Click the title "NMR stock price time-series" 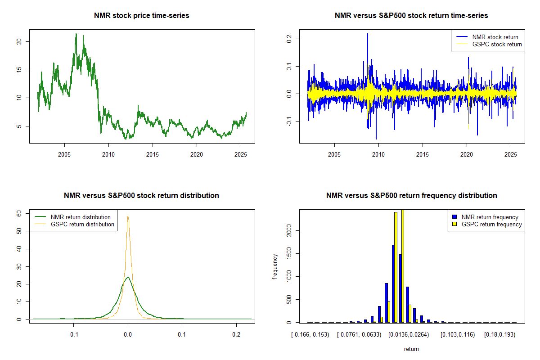pos(141,15)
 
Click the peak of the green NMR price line pos(76,34)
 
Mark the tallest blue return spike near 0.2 pos(368,34)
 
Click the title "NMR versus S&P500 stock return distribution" pos(141,195)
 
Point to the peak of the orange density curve pos(128,216)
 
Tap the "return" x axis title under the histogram pos(411,349)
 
